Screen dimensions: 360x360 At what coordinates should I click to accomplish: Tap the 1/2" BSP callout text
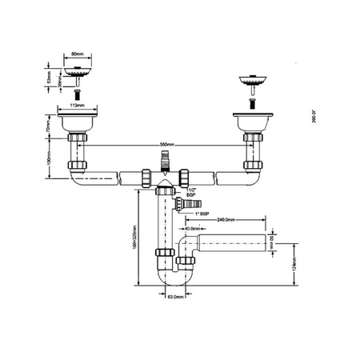pos(190,192)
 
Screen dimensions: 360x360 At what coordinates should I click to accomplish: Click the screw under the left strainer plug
pos(77,92)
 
